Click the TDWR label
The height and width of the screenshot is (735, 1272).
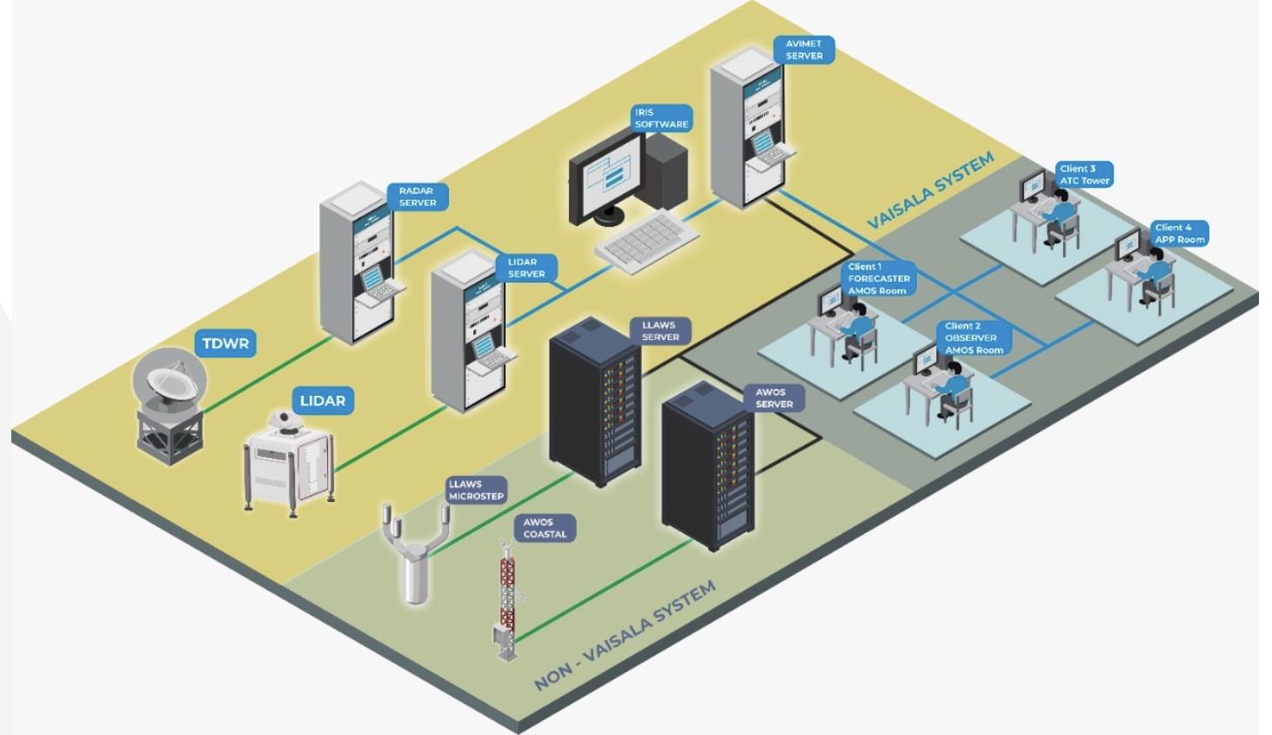(x=225, y=344)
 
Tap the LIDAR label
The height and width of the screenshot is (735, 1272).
(x=323, y=401)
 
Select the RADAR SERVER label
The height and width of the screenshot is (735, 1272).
(x=418, y=197)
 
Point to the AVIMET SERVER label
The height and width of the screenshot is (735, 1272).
(x=804, y=50)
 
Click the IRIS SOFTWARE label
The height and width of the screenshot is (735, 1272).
(x=661, y=118)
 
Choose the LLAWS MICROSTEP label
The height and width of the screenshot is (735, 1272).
(x=476, y=490)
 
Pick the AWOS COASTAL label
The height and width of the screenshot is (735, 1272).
(x=545, y=528)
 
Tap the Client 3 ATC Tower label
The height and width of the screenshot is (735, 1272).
(x=1084, y=174)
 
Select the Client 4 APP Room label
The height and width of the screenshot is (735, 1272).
(x=1180, y=233)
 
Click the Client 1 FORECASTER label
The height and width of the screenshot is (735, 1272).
(x=879, y=278)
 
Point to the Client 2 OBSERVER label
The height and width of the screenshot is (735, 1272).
(x=974, y=337)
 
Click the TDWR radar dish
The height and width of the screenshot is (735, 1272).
(x=170, y=378)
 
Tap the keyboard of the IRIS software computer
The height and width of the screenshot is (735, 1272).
(x=646, y=241)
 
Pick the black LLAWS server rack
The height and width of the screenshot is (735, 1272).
(x=595, y=402)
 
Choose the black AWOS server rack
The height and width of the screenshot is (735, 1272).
(x=707, y=466)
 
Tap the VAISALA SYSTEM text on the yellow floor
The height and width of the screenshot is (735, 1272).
(x=931, y=190)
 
